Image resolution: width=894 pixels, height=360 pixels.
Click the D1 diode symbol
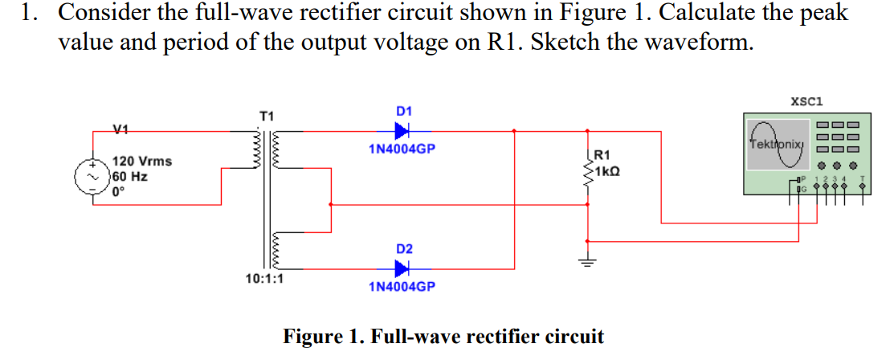coord(402,130)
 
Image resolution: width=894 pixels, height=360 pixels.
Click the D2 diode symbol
coord(402,268)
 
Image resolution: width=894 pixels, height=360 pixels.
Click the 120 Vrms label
coord(141,162)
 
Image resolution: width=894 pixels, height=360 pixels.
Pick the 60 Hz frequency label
coord(129,177)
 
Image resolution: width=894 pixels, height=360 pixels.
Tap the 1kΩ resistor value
coord(608,171)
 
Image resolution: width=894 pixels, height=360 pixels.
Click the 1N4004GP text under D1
coord(402,149)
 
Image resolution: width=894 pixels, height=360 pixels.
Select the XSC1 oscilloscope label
coord(805,101)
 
